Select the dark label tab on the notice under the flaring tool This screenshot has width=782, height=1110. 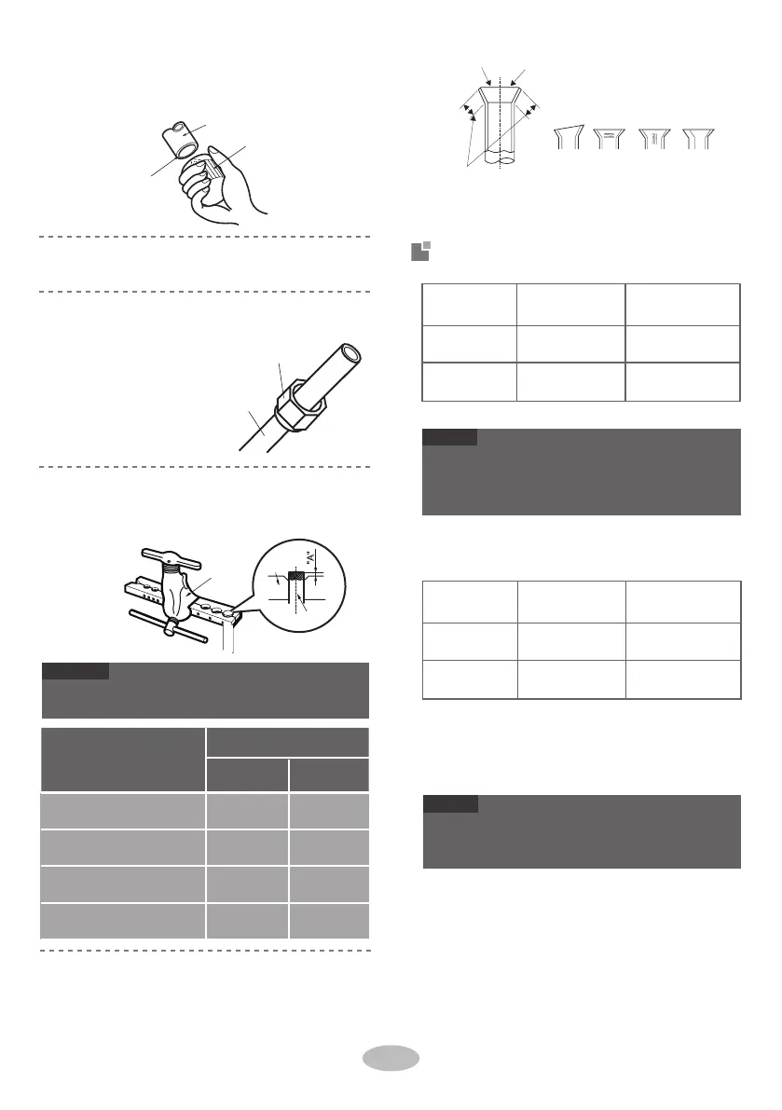click(76, 670)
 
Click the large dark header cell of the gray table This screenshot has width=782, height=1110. click(123, 759)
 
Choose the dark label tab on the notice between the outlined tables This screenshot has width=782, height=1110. click(449, 436)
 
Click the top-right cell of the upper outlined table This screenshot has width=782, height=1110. click(683, 303)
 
